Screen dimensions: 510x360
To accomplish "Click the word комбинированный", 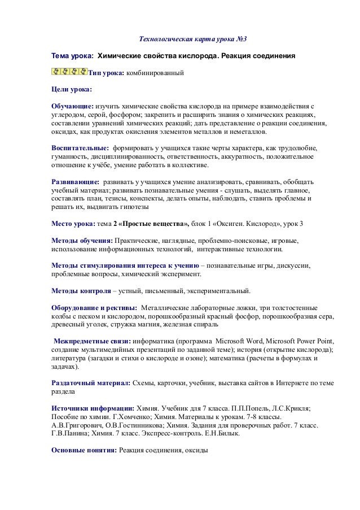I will click(155, 73).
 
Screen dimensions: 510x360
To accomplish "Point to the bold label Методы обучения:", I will click(82, 241).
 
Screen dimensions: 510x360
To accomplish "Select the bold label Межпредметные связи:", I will click(93, 341).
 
